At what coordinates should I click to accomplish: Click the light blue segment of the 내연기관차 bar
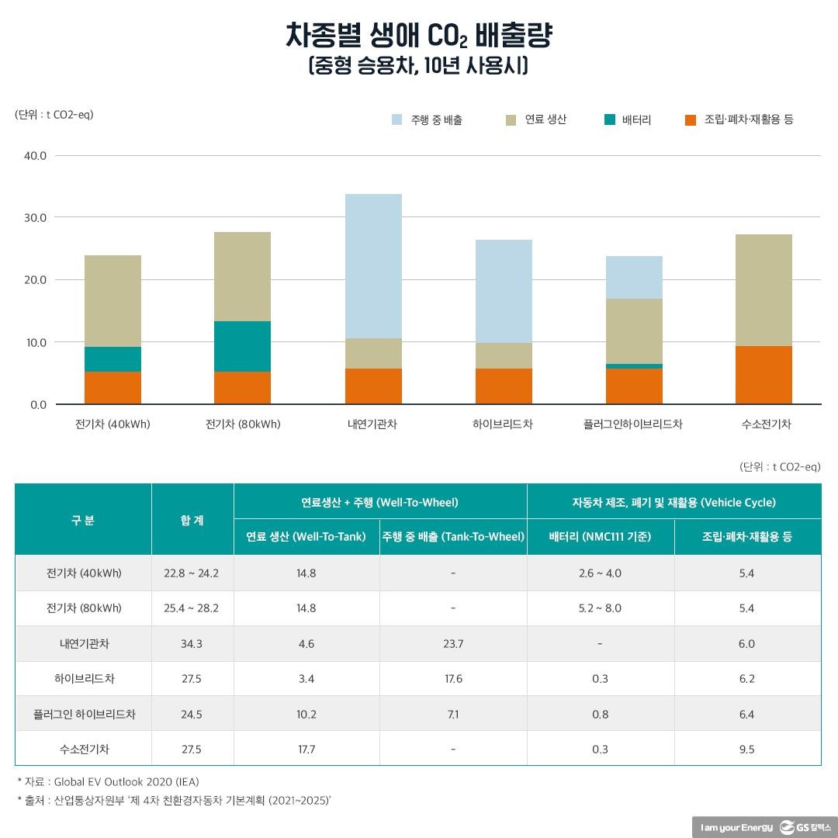click(373, 266)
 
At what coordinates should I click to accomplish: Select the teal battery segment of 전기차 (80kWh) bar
click(243, 346)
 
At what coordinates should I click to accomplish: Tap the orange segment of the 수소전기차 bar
click(764, 375)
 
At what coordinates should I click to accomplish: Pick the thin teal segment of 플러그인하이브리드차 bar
click(634, 366)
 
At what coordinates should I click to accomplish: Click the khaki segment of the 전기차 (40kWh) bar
click(113, 301)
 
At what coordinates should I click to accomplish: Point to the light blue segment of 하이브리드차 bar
click(504, 292)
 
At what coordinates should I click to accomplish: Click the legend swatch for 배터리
click(610, 119)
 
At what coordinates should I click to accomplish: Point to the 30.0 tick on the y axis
click(36, 217)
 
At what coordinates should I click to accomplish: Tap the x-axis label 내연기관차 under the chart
click(372, 424)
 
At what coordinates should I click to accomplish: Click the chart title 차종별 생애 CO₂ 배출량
click(419, 36)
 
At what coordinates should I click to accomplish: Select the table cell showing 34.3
click(191, 644)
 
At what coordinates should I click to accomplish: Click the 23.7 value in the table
click(453, 644)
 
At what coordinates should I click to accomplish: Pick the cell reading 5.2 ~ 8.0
click(600, 608)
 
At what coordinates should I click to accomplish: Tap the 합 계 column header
click(192, 520)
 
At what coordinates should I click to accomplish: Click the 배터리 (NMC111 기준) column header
click(600, 537)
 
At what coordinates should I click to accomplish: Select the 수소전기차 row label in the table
click(84, 749)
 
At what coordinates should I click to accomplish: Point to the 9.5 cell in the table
click(746, 749)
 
